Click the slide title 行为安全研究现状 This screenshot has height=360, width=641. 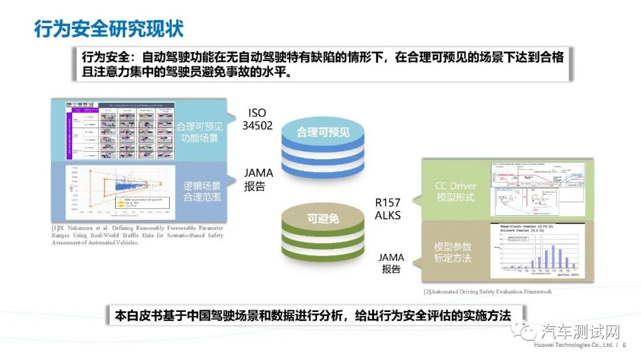click(x=109, y=28)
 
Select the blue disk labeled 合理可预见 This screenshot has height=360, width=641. click(x=323, y=132)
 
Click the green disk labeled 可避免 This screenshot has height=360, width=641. click(x=323, y=219)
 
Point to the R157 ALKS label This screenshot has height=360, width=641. click(x=388, y=208)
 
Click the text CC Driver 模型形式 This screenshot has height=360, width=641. click(x=455, y=192)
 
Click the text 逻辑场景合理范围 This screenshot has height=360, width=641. click(x=199, y=191)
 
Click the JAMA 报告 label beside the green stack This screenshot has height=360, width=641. click(x=391, y=263)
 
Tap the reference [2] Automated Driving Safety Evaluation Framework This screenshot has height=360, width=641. click(x=487, y=292)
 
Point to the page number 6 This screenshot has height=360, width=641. click(x=624, y=345)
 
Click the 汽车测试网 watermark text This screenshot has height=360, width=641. click(x=581, y=331)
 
